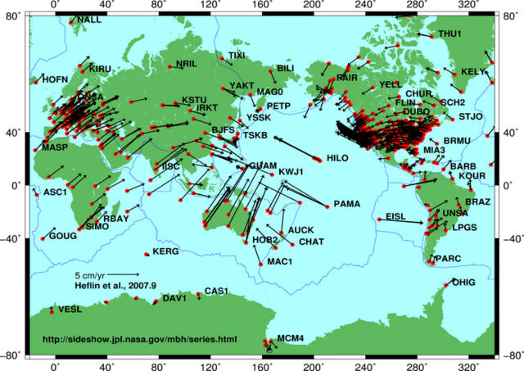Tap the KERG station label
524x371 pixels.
pyautogui.click(x=165, y=251)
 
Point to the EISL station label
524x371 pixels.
pyautogui.click(x=395, y=216)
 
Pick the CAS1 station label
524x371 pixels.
pyautogui.click(x=215, y=291)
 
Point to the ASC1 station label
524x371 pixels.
pyautogui.click(x=54, y=192)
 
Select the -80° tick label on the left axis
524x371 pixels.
pyautogui.click(x=12, y=356)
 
